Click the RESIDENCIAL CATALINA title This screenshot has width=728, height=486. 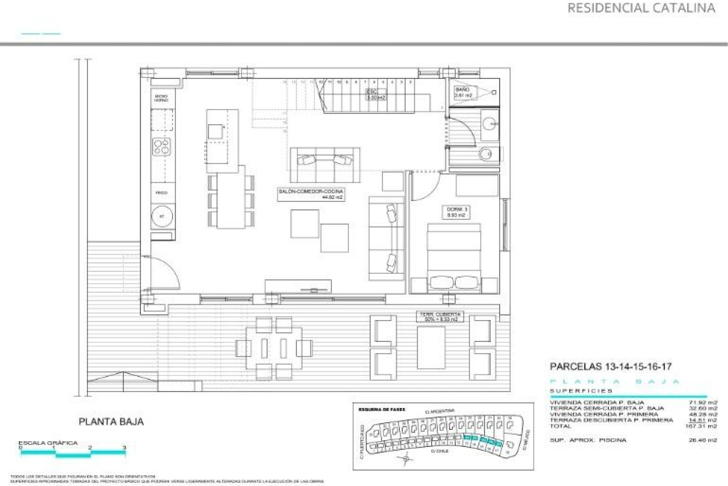pos(641,8)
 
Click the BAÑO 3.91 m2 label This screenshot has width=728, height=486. pos(463,92)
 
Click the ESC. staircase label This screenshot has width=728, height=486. pos(376,94)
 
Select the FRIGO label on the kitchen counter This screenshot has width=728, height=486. pos(161,193)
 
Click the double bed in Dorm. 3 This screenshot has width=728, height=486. pos(454,258)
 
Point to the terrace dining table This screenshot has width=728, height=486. pos(274,348)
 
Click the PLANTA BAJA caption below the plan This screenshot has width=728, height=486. pos(111,421)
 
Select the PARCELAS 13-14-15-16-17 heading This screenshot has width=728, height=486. pos(606,367)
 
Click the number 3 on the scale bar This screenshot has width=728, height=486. pos(124,448)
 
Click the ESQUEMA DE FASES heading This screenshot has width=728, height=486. pos(381,410)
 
